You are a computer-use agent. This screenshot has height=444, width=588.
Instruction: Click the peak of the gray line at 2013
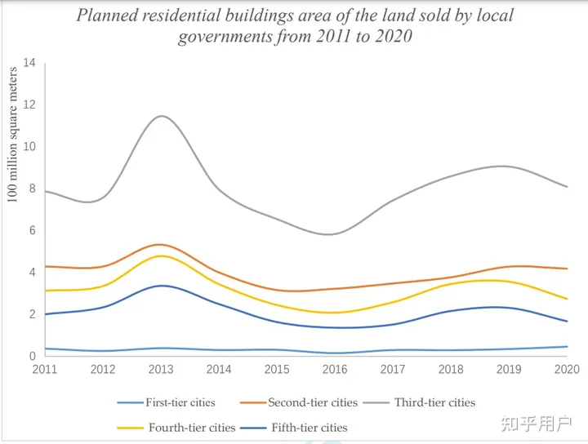pyautogui.click(x=161, y=116)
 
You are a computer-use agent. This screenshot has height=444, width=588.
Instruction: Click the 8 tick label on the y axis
pyautogui.click(x=33, y=189)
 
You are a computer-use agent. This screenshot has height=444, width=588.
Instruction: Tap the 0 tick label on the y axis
pyautogui.click(x=33, y=356)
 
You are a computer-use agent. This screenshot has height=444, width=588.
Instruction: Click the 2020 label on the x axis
pyautogui.click(x=567, y=370)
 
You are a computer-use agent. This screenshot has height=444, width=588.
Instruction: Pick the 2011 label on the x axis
pyautogui.click(x=44, y=370)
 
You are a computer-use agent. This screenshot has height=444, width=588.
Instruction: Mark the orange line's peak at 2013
pyautogui.click(x=161, y=244)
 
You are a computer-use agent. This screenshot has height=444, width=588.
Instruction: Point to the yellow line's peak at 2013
pyautogui.click(x=161, y=256)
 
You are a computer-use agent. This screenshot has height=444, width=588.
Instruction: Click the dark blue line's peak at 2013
pyautogui.click(x=161, y=286)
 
